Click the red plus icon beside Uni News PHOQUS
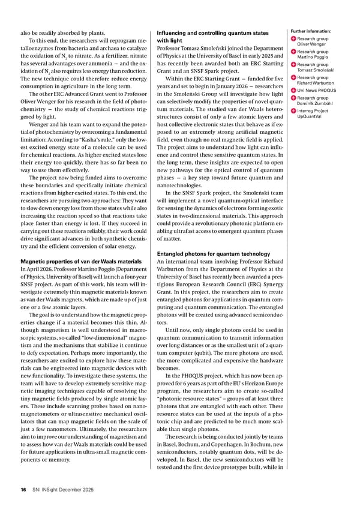click(x=293, y=91)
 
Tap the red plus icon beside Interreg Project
click(x=293, y=110)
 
